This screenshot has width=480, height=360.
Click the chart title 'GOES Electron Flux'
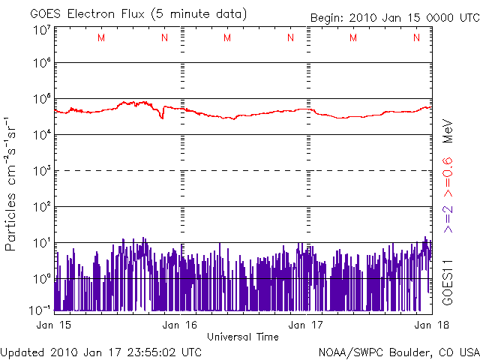87,14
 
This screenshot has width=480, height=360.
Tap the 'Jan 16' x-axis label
180,325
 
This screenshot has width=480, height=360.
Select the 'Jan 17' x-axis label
306,325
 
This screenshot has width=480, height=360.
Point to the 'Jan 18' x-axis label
432,325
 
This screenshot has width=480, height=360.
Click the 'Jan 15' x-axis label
53,325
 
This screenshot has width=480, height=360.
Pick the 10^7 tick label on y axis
42,31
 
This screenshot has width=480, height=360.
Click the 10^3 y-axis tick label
42,170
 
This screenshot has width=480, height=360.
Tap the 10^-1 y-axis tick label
40,310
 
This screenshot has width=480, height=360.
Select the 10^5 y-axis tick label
42,98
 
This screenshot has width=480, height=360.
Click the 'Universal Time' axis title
243,337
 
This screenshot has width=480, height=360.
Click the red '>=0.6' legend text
448,178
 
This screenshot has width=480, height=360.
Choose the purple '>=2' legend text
448,219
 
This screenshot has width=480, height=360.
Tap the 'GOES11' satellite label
448,283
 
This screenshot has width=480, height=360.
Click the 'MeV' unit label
448,131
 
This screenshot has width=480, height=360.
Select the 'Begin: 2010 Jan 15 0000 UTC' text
395,18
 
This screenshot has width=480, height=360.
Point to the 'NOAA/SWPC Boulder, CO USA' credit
399,352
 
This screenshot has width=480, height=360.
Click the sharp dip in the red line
162,118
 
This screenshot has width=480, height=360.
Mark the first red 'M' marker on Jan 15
101,37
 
